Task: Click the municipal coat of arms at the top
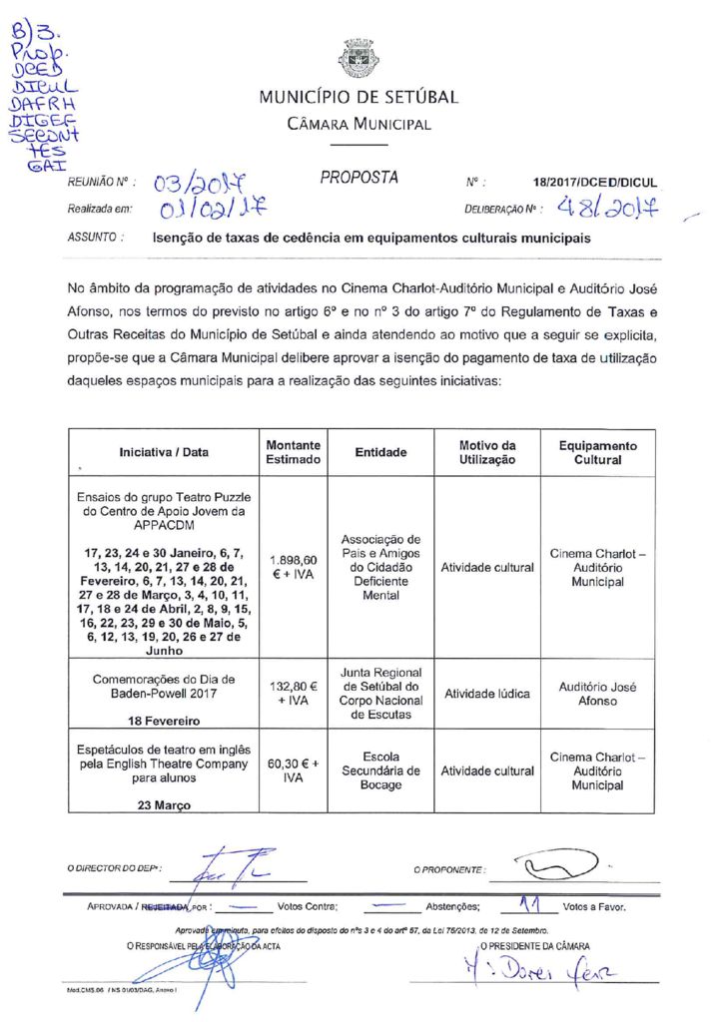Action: click(359, 59)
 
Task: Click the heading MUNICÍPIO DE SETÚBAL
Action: click(359, 98)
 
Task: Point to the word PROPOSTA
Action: click(360, 179)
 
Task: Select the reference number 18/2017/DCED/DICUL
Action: click(595, 184)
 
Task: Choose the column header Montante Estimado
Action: click(294, 452)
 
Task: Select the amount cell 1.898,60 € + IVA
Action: click(294, 567)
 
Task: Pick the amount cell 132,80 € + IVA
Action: click(294, 694)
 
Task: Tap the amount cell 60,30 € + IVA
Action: click(294, 770)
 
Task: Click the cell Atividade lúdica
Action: click(487, 694)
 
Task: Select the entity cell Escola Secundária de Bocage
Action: click(380, 770)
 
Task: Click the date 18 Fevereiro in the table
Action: click(164, 720)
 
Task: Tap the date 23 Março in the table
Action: click(164, 806)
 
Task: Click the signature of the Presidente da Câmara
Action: click(538, 965)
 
